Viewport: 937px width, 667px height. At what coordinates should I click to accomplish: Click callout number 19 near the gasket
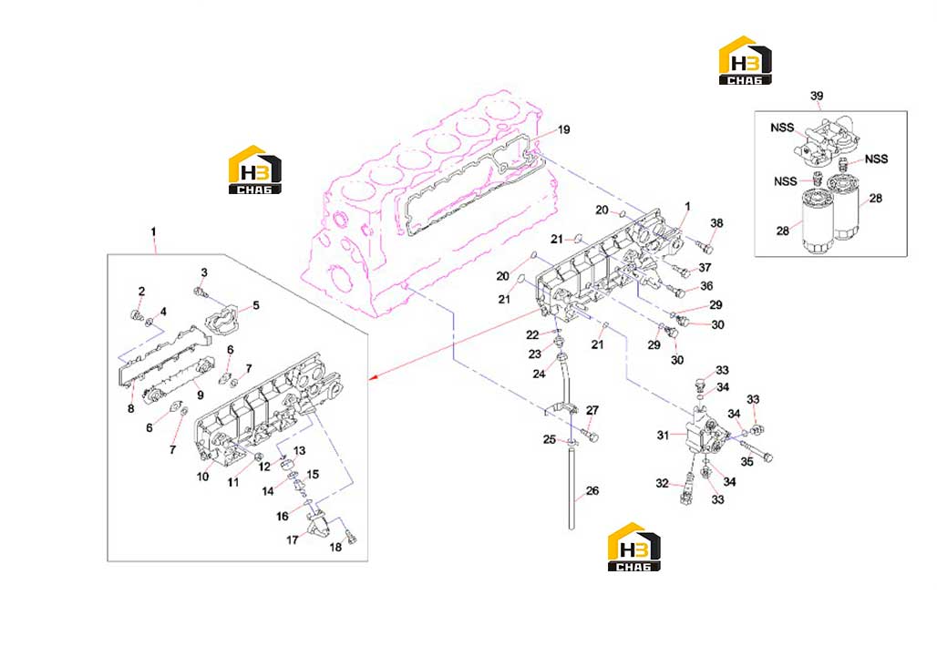coord(563,129)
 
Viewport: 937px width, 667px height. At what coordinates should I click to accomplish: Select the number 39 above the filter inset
coord(817,96)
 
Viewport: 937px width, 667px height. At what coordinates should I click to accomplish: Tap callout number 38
coord(716,222)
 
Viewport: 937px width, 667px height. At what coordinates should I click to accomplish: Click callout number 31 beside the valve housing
coord(663,436)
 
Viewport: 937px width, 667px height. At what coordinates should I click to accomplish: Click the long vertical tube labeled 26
coord(571,487)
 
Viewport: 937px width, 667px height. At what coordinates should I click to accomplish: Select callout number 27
coord(592,410)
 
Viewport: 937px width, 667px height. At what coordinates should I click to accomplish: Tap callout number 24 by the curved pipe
coord(539,374)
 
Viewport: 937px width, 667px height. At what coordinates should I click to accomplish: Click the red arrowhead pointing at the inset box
coord(373,377)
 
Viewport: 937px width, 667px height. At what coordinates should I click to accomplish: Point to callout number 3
coord(204,272)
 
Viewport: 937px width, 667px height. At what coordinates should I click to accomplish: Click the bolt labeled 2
coord(136,314)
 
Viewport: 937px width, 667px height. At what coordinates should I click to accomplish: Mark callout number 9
coord(201,395)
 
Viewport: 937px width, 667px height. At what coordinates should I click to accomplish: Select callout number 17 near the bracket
coord(292,539)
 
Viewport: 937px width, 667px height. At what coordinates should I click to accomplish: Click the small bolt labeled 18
coord(351,539)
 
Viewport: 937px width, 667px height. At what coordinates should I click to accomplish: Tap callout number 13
coord(299,450)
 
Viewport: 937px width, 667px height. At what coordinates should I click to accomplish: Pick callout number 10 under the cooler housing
coord(202,477)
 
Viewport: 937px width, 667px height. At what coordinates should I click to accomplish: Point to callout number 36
coord(706,286)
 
